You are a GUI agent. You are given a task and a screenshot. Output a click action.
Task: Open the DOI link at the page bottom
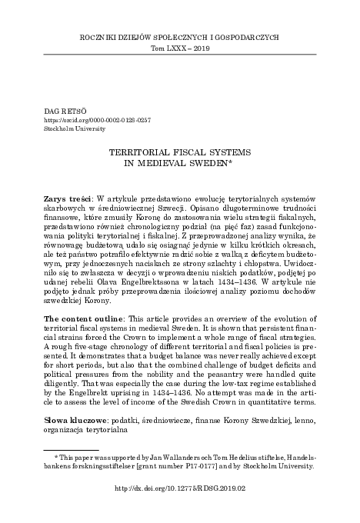(180, 508)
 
